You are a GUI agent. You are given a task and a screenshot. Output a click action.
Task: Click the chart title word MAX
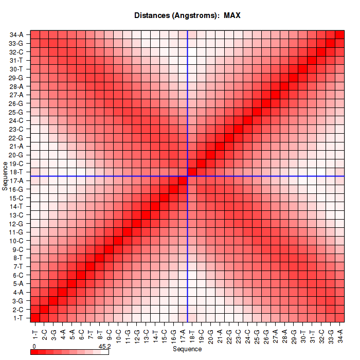coord(232,15)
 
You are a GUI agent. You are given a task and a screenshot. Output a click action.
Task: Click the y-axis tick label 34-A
coord(16,35)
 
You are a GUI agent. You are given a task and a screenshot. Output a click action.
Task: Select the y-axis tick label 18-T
coord(16,172)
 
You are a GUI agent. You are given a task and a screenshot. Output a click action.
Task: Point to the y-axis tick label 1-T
coord(17,317)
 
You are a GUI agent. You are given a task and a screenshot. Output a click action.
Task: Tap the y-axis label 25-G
coord(16,112)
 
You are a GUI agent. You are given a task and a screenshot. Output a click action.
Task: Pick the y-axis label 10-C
coord(16,241)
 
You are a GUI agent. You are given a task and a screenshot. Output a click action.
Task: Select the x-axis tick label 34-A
coord(340,332)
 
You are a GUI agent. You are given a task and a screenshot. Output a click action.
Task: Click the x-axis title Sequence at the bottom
coord(187,349)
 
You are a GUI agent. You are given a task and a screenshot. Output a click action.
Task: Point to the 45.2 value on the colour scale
coord(105,347)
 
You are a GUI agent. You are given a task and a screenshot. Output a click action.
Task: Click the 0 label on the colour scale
coord(33,347)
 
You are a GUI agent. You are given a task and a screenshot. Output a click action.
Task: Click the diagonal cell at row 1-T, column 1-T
coord(35,317)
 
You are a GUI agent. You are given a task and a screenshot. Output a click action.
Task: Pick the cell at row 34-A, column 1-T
coord(35,35)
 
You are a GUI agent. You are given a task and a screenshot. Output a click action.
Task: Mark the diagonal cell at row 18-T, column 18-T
coord(192,172)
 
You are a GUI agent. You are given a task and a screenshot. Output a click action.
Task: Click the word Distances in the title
coord(153,15)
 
